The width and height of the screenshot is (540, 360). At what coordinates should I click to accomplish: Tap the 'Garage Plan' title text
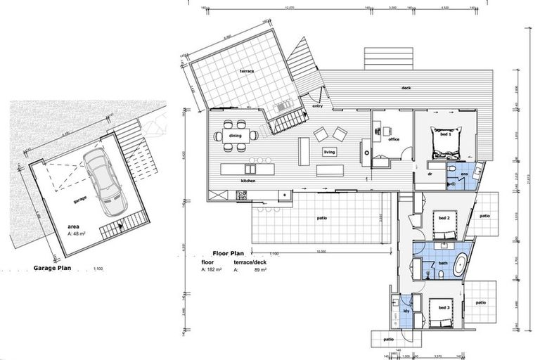tap(53, 268)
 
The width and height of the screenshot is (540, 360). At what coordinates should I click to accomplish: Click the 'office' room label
tap(394, 139)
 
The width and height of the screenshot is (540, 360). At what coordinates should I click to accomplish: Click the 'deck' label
tap(406, 89)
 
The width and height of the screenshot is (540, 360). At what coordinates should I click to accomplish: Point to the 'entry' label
tap(316, 105)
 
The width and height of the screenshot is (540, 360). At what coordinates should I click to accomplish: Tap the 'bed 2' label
tap(444, 219)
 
